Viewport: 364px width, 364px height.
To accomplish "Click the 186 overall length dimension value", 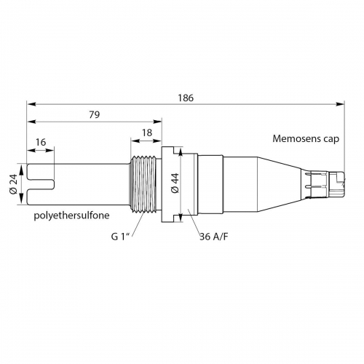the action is click(x=186, y=98).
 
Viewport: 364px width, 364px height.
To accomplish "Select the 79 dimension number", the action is click(x=95, y=114).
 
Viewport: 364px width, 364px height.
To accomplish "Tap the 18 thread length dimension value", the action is click(x=147, y=132).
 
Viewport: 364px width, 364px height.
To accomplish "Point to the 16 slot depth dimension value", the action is click(x=41, y=142).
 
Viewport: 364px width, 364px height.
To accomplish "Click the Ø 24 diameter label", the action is click(x=13, y=184).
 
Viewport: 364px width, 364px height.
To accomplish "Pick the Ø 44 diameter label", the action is click(x=175, y=183).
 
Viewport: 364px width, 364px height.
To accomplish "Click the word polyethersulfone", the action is click(x=71, y=215).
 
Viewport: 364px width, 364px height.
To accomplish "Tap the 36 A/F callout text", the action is click(x=214, y=237).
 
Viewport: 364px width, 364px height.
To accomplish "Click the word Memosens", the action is click(x=294, y=139).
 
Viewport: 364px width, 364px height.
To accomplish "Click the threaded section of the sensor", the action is click(x=143, y=184).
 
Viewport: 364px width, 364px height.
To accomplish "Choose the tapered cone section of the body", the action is click(x=279, y=184).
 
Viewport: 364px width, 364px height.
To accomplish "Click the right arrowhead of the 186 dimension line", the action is click(x=340, y=104).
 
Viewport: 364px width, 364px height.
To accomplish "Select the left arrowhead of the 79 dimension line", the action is click(x=31, y=122).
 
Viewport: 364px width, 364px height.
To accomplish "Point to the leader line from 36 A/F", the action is click(x=194, y=221).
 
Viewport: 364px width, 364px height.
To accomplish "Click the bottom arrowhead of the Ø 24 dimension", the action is click(x=21, y=199).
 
